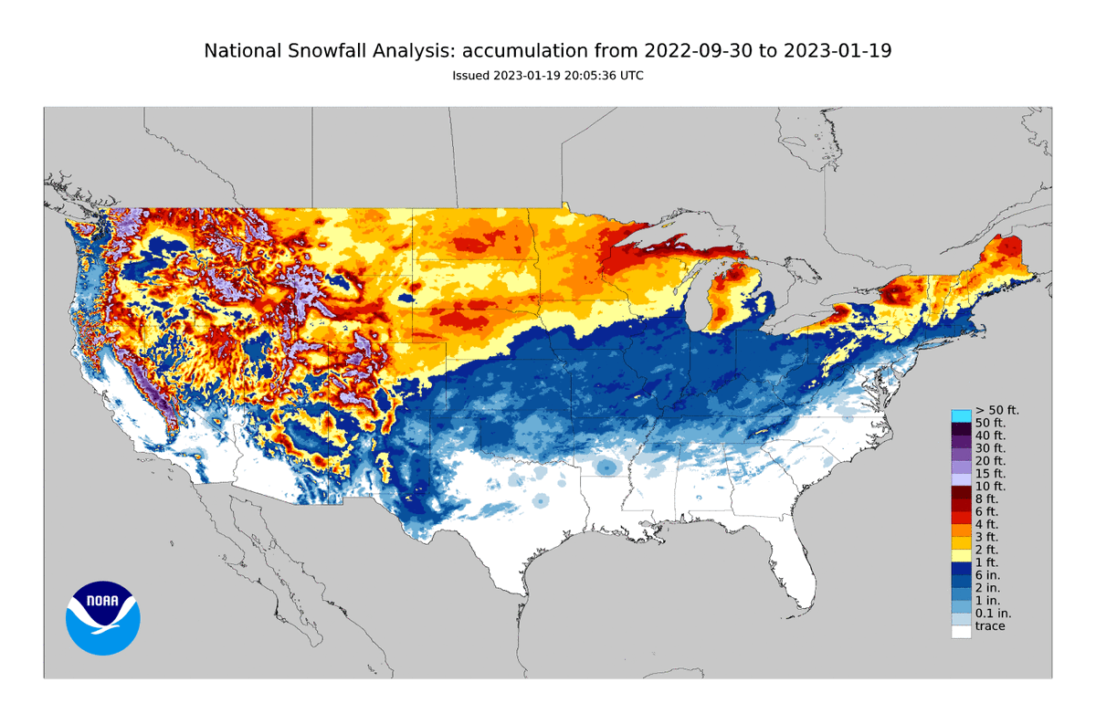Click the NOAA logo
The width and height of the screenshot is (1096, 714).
click(102, 618)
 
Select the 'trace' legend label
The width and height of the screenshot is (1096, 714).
click(989, 626)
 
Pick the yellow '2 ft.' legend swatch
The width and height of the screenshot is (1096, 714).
click(961, 552)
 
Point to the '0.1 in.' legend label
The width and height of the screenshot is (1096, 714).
click(992, 613)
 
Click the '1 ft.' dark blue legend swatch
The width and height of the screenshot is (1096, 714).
click(961, 566)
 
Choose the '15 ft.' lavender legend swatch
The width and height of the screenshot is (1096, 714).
click(961, 478)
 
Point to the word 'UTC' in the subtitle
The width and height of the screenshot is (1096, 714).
click(632, 76)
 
